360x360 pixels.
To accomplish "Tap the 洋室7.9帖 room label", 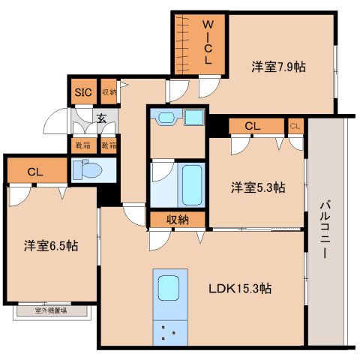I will point(278,67).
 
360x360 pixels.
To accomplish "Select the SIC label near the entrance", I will point(82,92).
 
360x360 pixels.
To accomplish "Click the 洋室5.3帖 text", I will point(257,187).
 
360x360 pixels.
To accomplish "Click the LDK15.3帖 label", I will point(240,288).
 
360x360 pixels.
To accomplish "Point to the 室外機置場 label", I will point(51,309).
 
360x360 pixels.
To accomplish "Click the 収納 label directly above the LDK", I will point(178,219).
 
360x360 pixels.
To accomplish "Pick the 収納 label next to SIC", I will point(109,92).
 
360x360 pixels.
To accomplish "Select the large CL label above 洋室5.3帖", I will point(251,126).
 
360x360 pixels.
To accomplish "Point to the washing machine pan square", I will point(193,118).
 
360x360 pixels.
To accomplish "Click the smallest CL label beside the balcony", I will point(295,125).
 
